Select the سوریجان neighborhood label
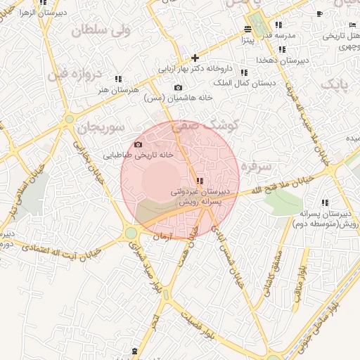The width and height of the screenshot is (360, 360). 102,128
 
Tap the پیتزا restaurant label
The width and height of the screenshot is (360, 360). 246,40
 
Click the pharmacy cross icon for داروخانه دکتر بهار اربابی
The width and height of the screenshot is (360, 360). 195,58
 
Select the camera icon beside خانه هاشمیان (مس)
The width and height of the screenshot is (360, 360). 177,88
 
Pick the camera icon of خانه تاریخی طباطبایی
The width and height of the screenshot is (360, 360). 138,145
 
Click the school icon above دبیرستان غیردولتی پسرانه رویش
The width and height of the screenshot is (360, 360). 201,181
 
